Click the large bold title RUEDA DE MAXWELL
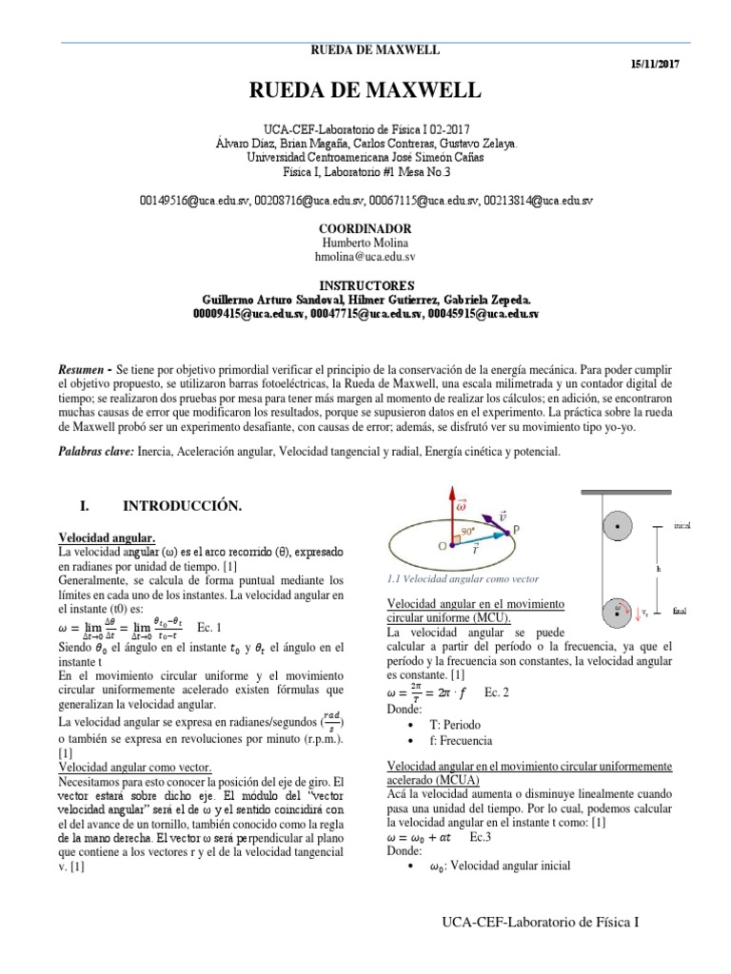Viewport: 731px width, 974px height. pyautogui.click(x=365, y=92)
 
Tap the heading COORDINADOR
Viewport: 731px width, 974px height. pyautogui.click(x=365, y=229)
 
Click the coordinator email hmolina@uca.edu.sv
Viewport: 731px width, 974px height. pyautogui.click(x=365, y=256)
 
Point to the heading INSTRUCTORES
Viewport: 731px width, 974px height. pyautogui.click(x=365, y=285)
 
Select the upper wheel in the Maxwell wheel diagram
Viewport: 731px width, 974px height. pyautogui.click(x=620, y=524)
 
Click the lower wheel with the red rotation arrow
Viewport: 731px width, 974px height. pyautogui.click(x=621, y=610)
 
